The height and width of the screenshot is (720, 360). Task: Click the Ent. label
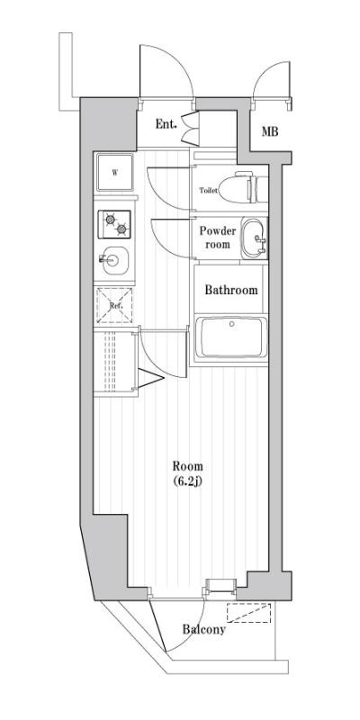tap(166, 124)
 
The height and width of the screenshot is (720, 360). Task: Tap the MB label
tap(270, 131)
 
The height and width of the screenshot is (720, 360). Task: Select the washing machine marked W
tap(114, 173)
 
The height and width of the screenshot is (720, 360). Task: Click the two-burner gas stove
tap(114, 224)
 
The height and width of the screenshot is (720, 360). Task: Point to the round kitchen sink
tap(114, 260)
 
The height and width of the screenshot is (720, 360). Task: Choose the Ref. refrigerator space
tap(114, 305)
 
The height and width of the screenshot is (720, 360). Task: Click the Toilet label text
tap(208, 191)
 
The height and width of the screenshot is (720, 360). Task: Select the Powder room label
tap(218, 238)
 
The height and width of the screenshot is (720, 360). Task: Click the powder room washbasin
tap(254, 238)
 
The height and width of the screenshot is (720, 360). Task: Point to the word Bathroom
tap(231, 290)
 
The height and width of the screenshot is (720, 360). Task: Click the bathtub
tap(231, 338)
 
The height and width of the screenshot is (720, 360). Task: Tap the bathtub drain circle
tap(232, 324)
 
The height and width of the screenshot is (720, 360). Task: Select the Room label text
tap(188, 466)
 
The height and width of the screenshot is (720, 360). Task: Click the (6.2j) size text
tap(188, 481)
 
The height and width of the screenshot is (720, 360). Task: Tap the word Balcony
tap(204, 629)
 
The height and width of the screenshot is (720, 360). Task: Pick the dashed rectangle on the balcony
tap(249, 613)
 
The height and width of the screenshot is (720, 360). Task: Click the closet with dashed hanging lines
tap(116, 361)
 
